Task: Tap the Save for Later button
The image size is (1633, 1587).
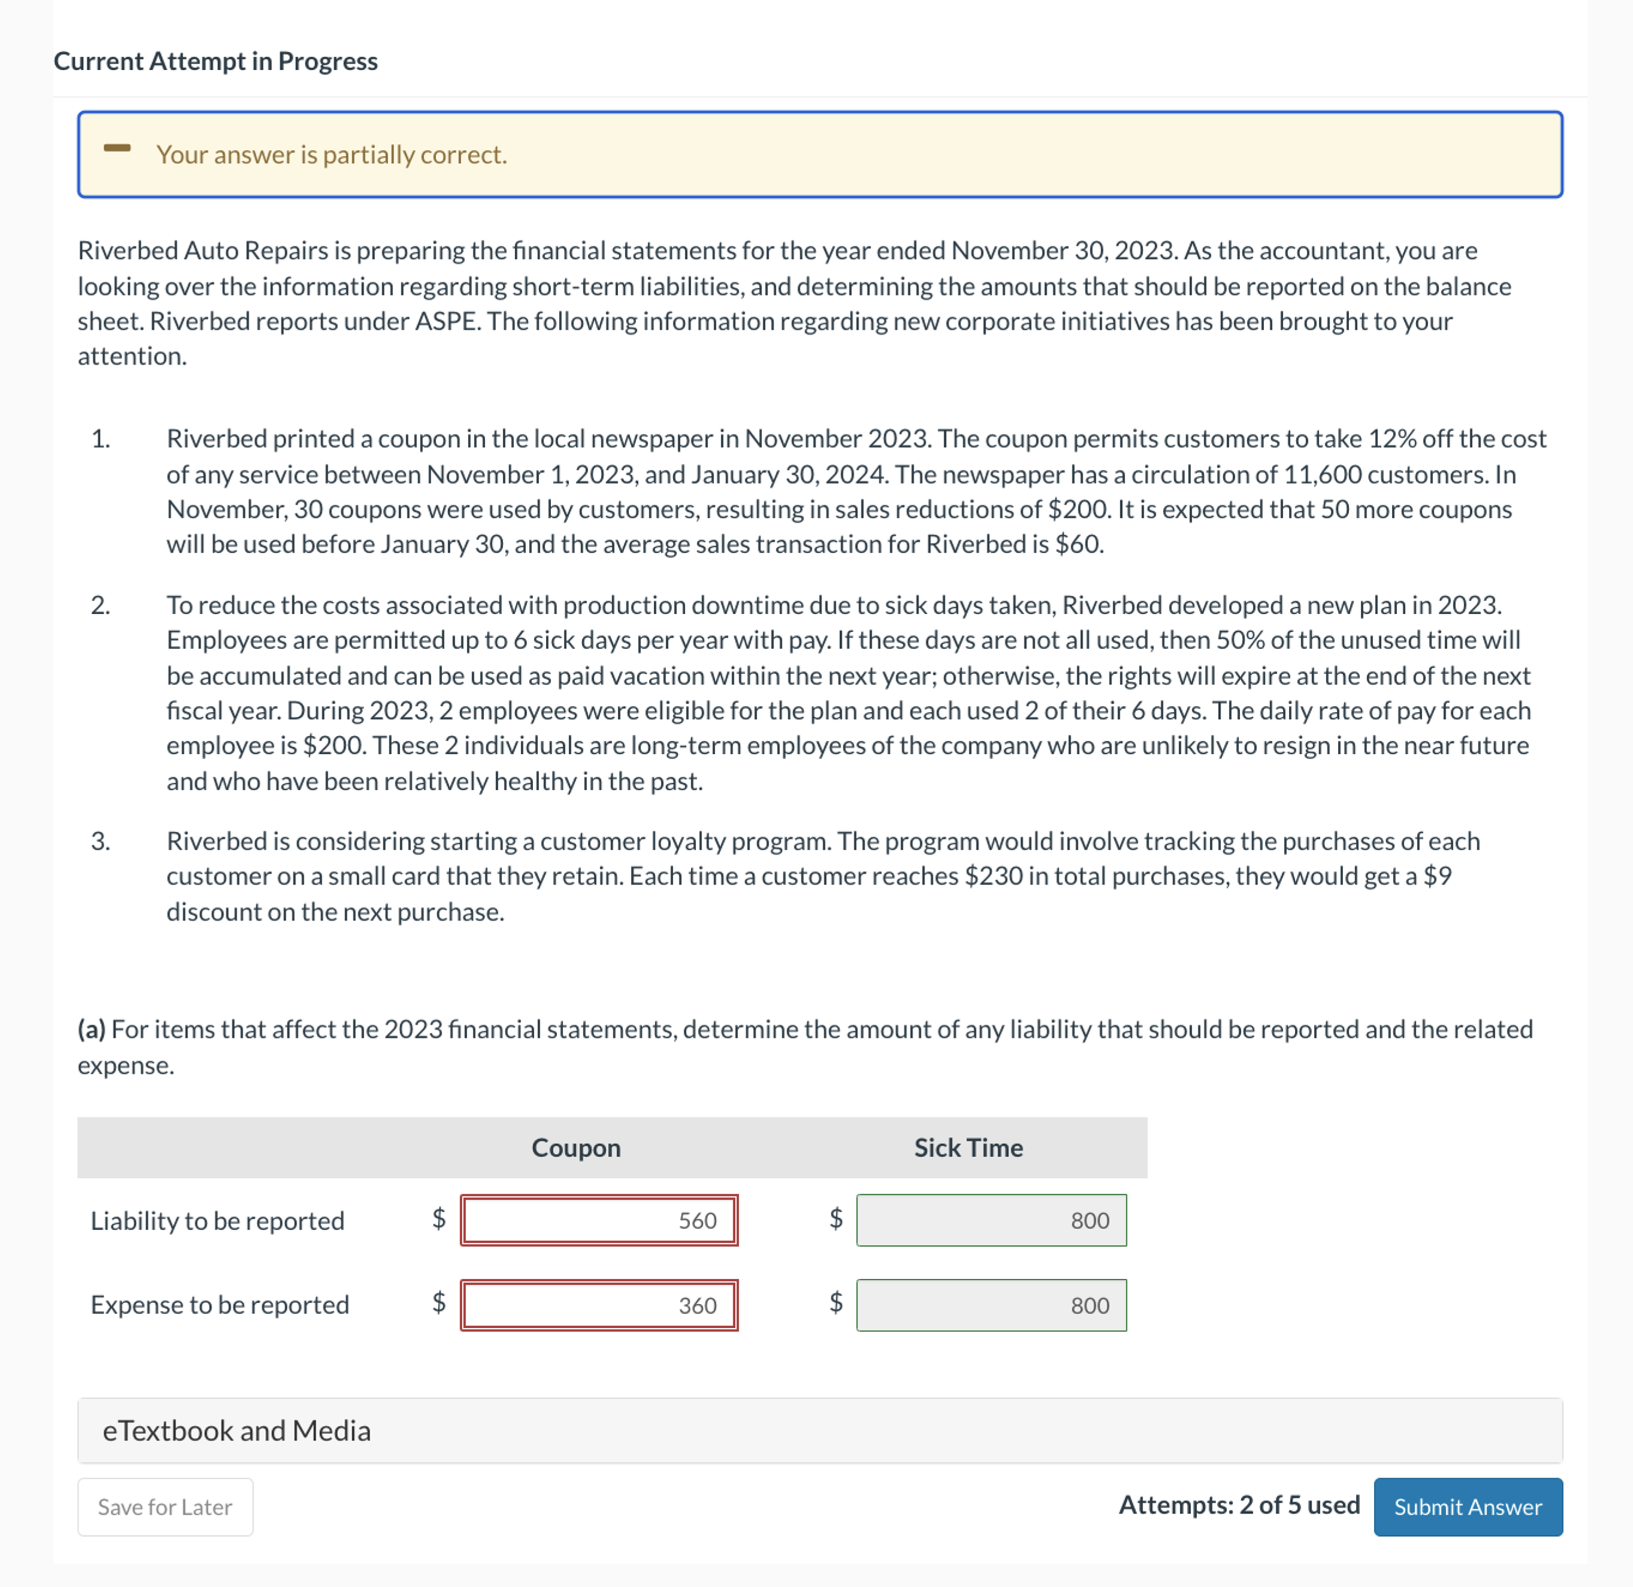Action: click(x=165, y=1507)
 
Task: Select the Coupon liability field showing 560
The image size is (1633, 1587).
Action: click(x=599, y=1220)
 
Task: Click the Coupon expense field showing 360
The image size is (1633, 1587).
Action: click(x=599, y=1305)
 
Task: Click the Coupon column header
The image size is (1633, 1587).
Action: click(x=576, y=1147)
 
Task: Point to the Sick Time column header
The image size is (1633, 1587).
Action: click(x=968, y=1147)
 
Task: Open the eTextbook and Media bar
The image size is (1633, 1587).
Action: click(x=819, y=1430)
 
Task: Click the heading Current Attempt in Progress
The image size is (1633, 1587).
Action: click(x=215, y=61)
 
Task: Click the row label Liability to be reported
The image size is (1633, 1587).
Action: click(x=217, y=1220)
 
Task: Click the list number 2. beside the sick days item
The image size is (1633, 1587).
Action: click(x=101, y=605)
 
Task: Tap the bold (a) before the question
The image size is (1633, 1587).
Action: click(x=91, y=1029)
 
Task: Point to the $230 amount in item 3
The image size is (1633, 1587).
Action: click(x=994, y=876)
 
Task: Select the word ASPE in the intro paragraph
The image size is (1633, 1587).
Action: click(x=448, y=321)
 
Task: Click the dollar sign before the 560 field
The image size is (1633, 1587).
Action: click(x=438, y=1219)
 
